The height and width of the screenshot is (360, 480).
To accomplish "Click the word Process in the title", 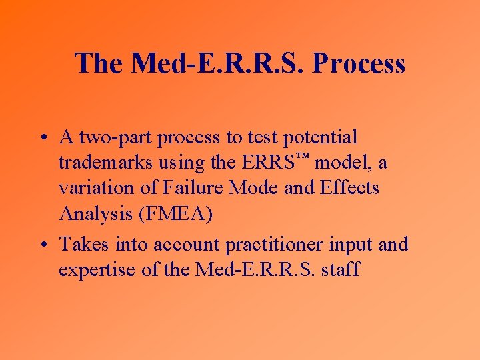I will click(x=358, y=64).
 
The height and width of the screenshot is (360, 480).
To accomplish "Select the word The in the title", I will click(x=99, y=64).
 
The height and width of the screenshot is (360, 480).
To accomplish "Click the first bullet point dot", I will click(x=42, y=138).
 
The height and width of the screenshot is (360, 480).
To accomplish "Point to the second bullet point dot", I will click(x=42, y=245).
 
